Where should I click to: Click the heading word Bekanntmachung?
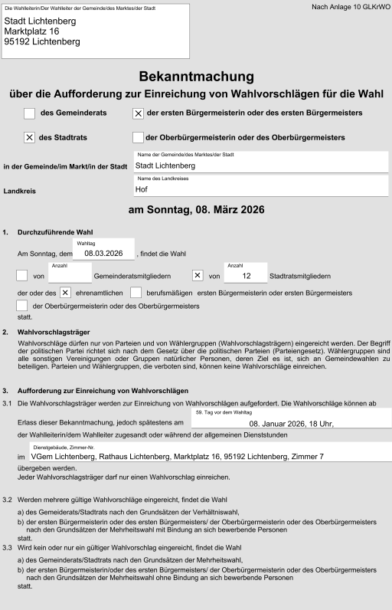196,77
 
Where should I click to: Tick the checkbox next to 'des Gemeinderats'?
29,113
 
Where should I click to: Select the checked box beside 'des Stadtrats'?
29,138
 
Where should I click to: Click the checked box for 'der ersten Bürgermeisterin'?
138,113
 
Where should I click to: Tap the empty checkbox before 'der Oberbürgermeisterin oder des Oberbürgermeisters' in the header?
138,138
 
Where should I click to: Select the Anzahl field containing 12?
245,275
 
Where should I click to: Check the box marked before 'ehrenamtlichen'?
65,293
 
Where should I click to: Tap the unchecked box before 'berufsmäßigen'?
136,293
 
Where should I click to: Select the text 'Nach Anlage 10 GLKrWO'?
351,7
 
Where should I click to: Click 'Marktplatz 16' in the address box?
31,31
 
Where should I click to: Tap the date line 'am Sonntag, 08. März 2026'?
196,210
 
